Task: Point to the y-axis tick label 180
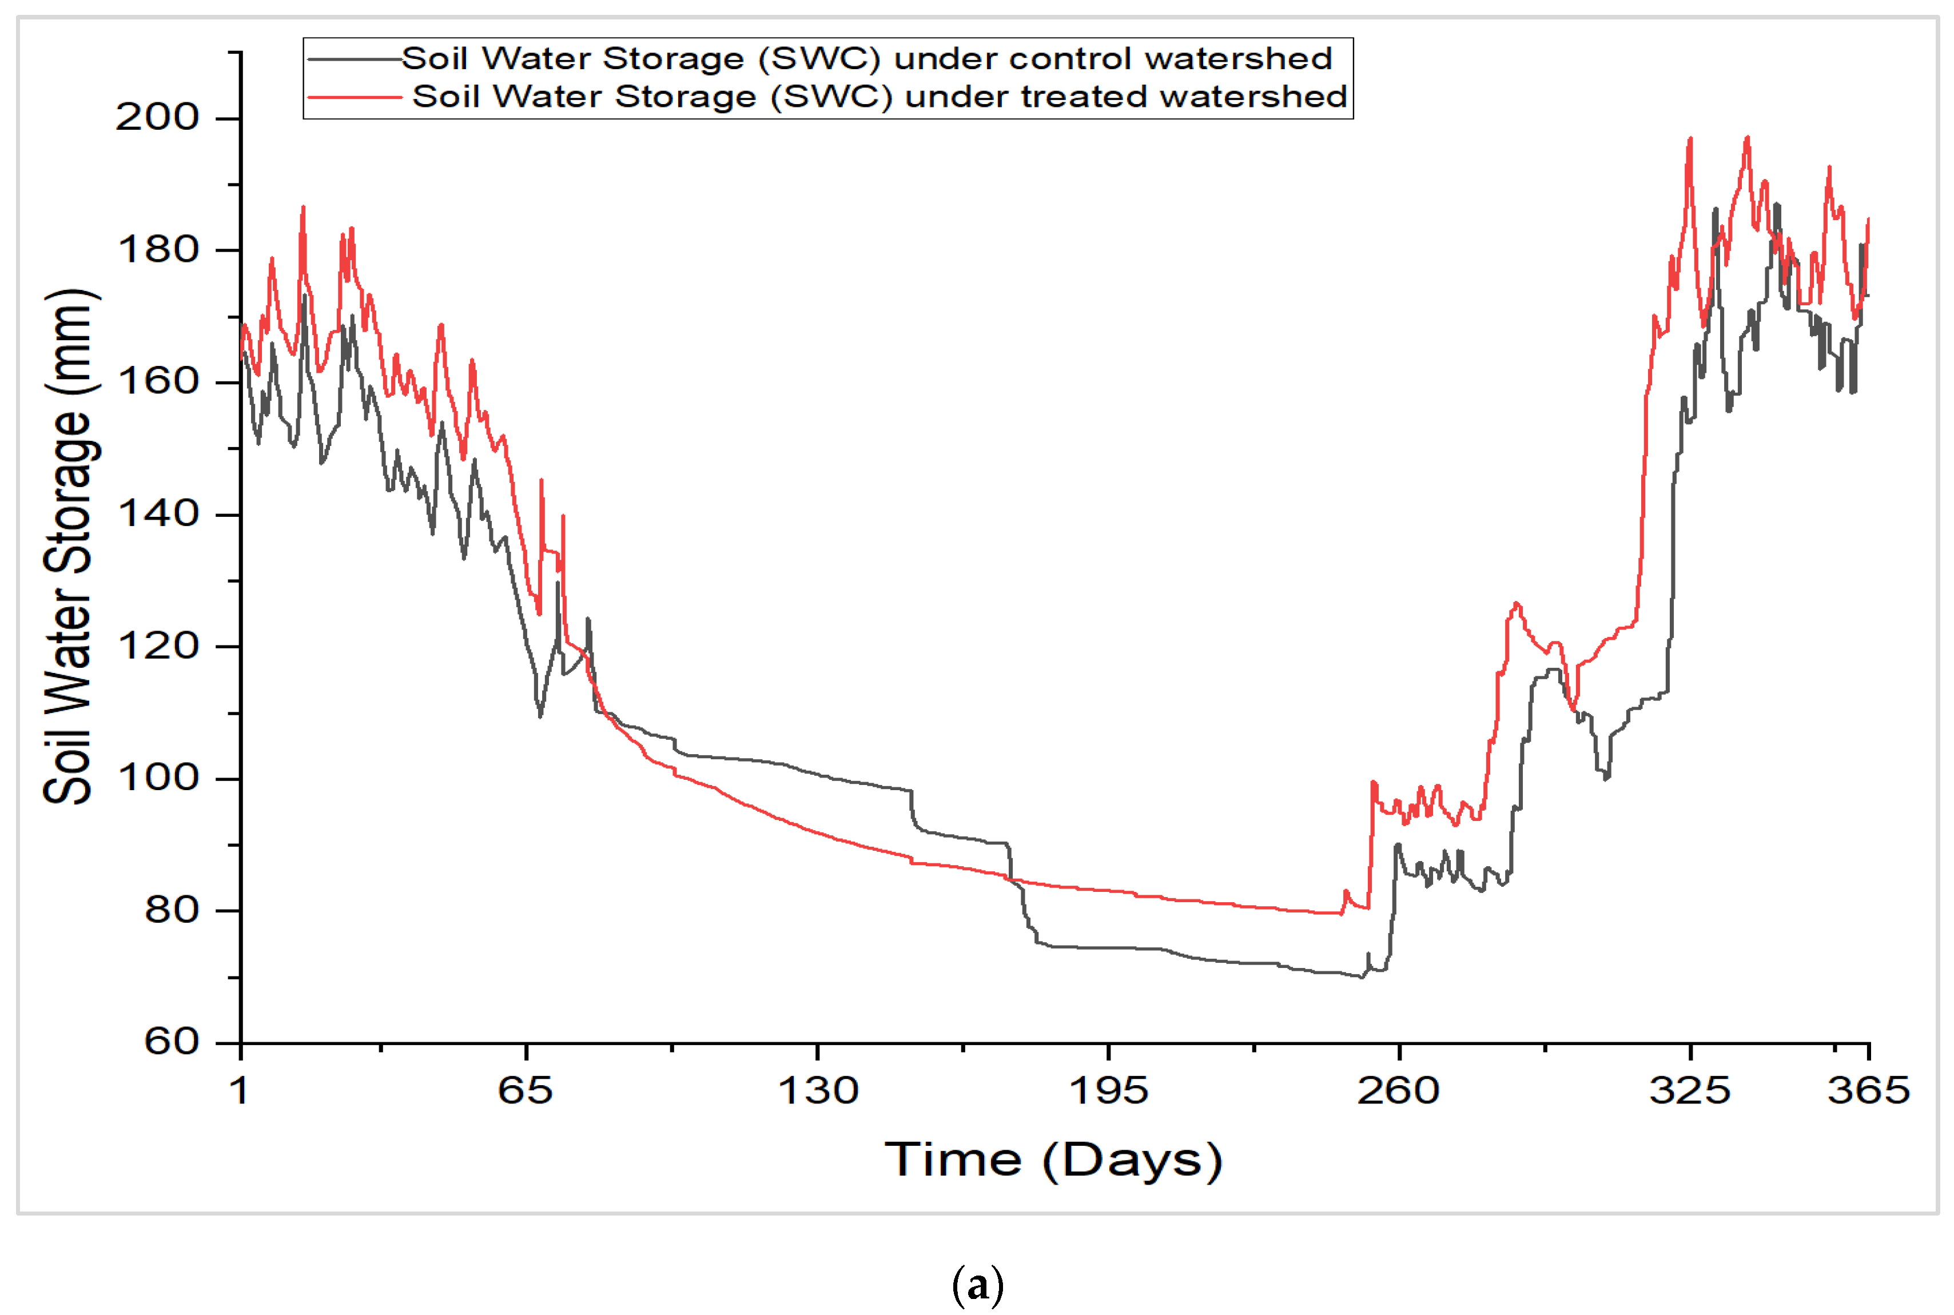158,250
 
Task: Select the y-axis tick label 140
158,513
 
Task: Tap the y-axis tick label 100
158,778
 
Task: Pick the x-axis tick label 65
525,1091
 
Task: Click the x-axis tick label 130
818,1091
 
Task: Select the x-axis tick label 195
1108,1091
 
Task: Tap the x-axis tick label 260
1398,1091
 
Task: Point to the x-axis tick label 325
1689,1091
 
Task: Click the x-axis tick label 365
1868,1091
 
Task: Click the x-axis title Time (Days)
1053,1161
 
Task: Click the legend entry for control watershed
866,59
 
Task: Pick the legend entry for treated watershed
879,97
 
